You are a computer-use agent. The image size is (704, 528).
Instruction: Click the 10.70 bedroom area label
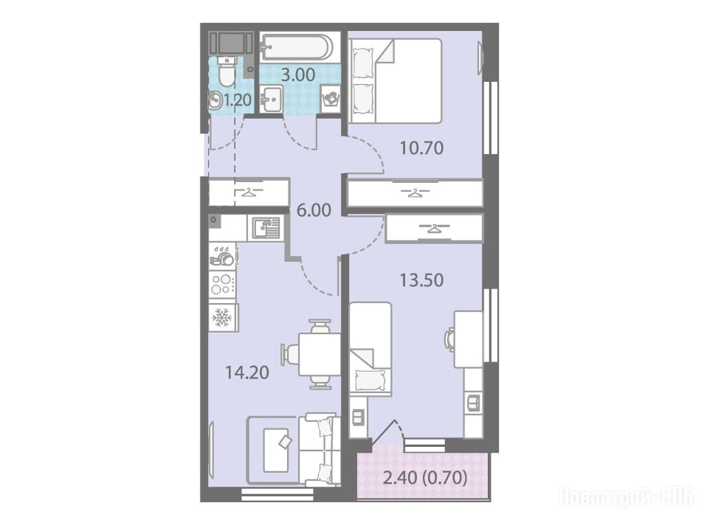[x=422, y=147]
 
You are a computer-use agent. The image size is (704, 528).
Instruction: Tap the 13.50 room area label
[x=422, y=280]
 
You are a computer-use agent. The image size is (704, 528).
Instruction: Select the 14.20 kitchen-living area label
[x=247, y=373]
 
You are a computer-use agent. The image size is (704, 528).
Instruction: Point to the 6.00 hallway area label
[x=314, y=210]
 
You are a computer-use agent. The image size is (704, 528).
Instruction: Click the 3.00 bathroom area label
[x=298, y=74]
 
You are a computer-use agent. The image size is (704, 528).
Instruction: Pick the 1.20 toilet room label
[x=237, y=100]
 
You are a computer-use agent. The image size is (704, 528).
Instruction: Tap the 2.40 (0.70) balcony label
[x=425, y=478]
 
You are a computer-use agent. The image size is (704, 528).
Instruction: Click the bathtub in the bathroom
[x=297, y=47]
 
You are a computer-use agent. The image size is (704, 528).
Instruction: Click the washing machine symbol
[x=332, y=98]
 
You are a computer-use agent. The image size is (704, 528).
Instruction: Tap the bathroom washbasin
[x=270, y=99]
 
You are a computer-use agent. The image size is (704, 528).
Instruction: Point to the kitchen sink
[x=265, y=228]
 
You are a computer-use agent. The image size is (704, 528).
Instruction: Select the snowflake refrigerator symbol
[x=222, y=317]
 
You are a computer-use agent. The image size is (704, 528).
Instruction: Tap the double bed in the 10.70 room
[x=394, y=80]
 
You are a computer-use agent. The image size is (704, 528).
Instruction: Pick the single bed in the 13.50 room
[x=370, y=349]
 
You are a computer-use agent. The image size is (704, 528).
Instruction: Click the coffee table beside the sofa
[x=277, y=450]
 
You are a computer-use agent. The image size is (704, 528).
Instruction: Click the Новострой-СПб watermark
[x=626, y=497]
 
